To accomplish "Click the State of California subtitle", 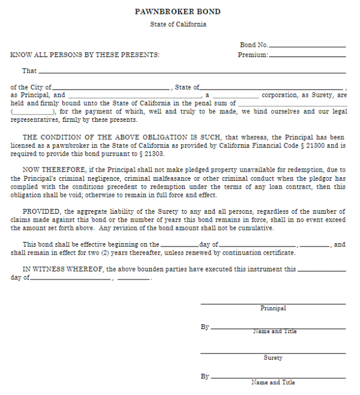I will [x=178, y=25].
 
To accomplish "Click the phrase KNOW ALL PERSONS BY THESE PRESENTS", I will [x=85, y=55].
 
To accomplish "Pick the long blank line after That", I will [x=192, y=73].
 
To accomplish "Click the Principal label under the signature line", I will [x=273, y=309].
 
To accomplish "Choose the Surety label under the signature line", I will [x=273, y=358].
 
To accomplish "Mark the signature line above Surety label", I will [x=273, y=353].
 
